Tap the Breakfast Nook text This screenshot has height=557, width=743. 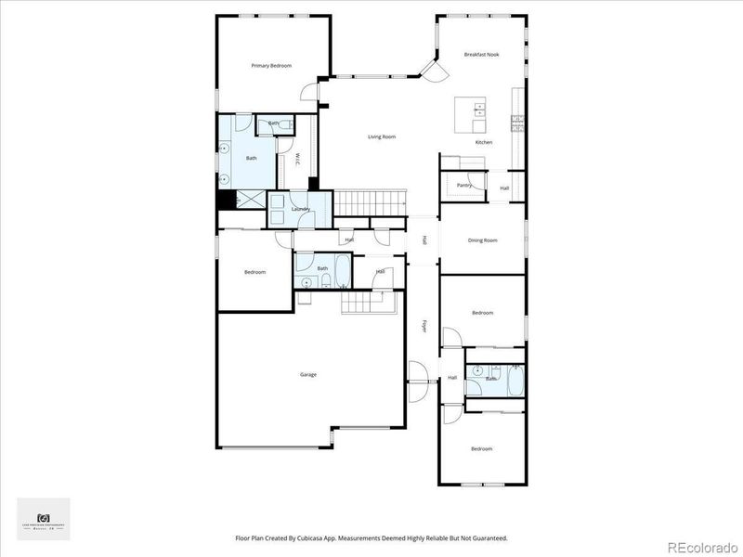coord(482,55)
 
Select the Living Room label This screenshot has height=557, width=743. coord(382,136)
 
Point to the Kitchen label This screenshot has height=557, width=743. coord(484,142)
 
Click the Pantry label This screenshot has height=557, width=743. coord(464,185)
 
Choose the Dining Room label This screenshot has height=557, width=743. coord(483,240)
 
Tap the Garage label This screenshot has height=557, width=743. coord(308,374)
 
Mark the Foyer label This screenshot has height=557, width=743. coord(424,326)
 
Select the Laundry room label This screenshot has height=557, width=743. coord(300,209)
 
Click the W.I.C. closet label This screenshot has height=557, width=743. coord(296,160)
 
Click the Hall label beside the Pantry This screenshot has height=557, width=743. coord(504,188)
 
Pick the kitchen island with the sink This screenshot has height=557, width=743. coord(470,116)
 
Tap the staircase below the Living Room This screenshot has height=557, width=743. coord(371,201)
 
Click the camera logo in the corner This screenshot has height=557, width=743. coord(43,517)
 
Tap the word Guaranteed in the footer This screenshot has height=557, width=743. coord(488,538)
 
